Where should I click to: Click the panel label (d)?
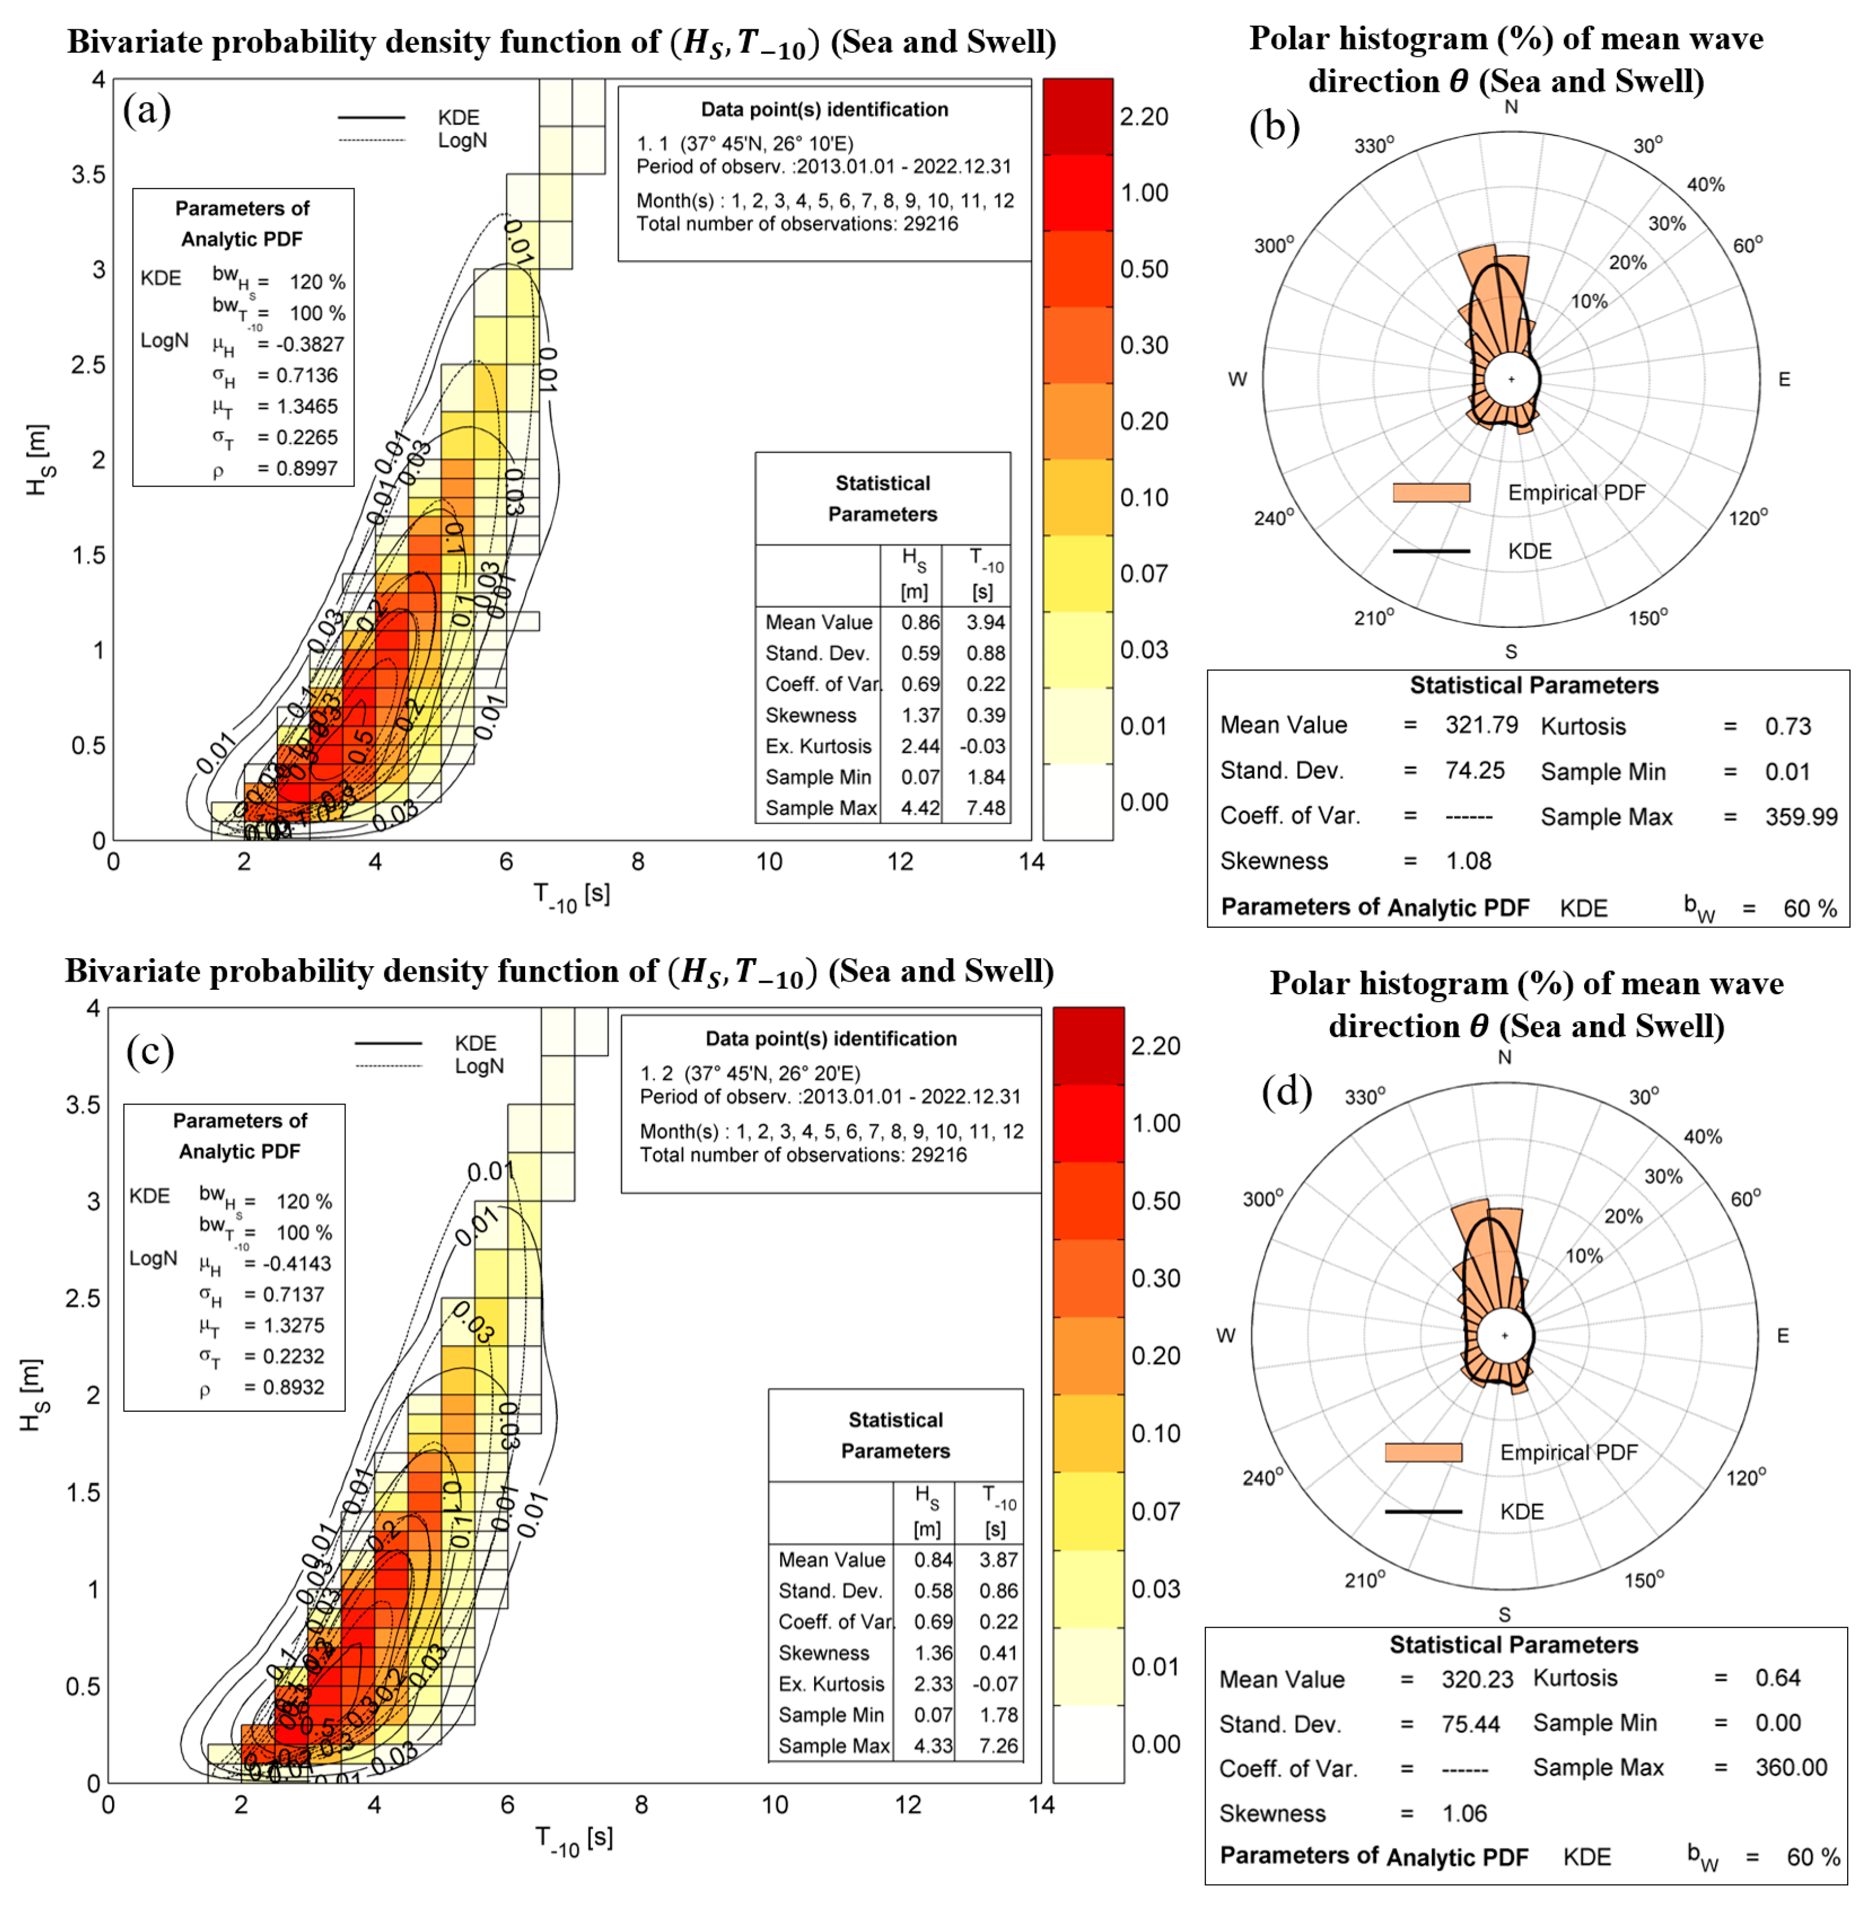point(1286,1091)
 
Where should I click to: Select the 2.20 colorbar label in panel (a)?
point(1143,117)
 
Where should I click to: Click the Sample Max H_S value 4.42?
point(920,808)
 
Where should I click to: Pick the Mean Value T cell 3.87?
point(998,1559)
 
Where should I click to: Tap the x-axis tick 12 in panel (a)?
point(899,862)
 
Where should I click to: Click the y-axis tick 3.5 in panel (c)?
point(82,1105)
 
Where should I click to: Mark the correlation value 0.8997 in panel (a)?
point(307,468)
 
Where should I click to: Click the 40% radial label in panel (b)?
point(1705,184)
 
